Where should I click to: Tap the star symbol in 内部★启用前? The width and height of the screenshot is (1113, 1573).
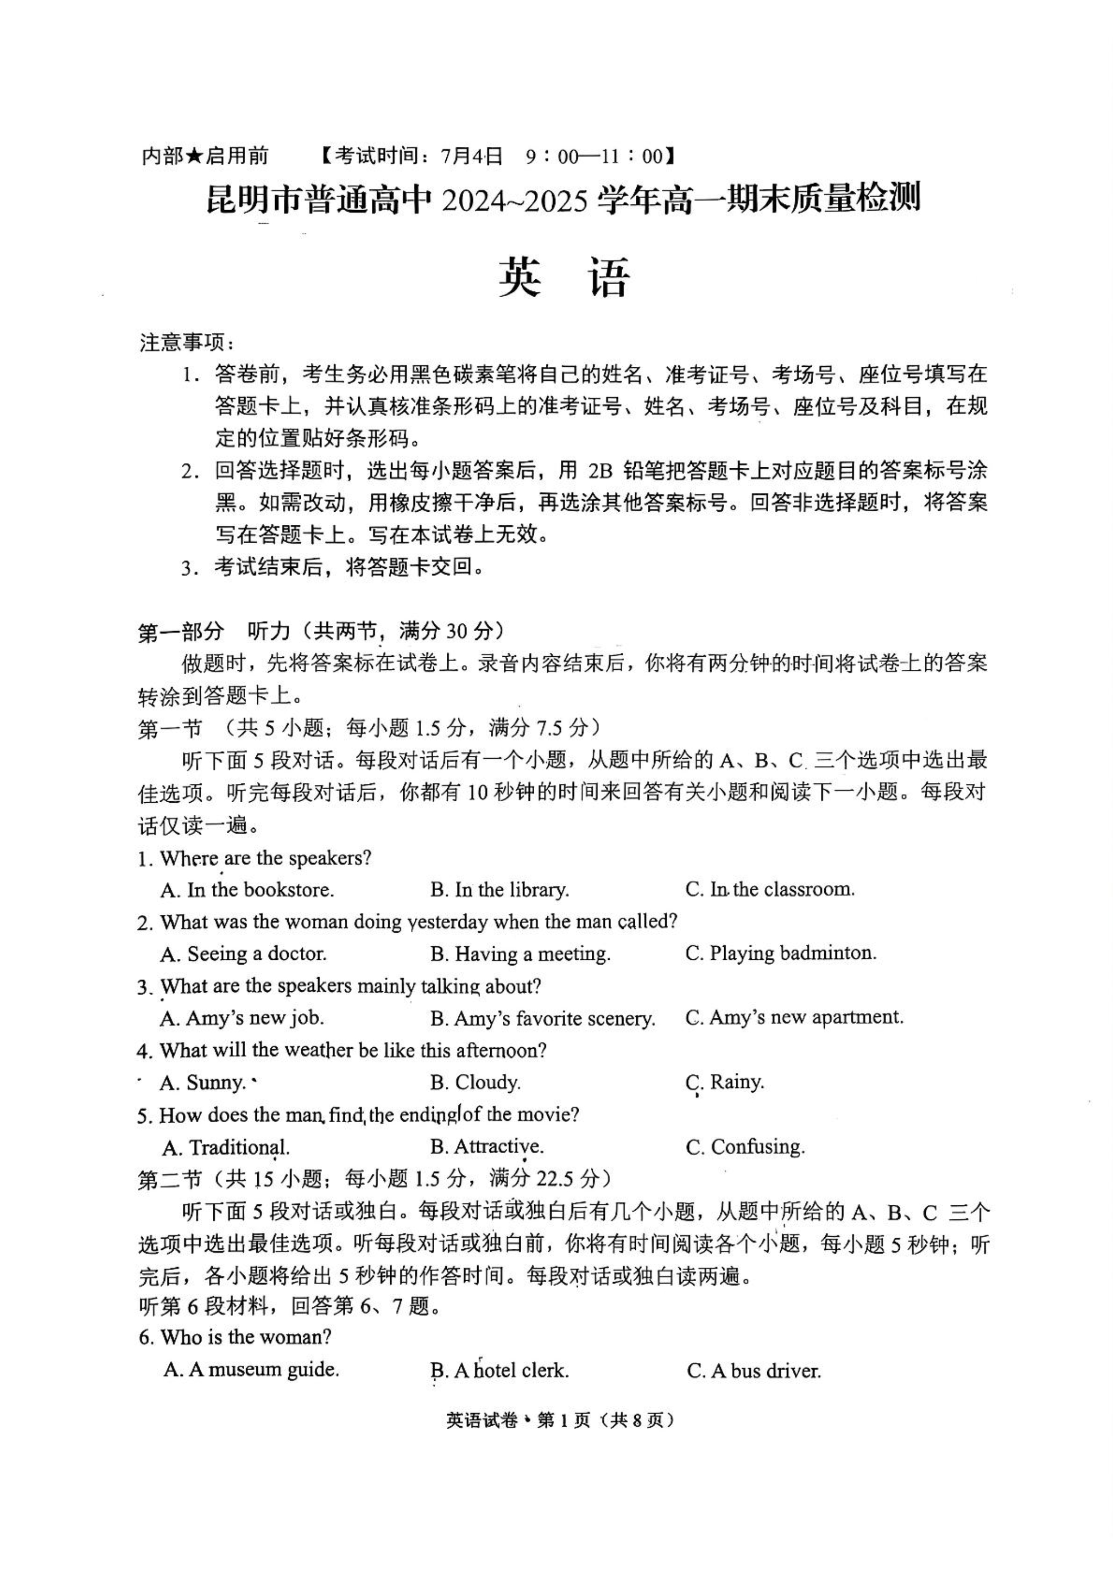tap(195, 156)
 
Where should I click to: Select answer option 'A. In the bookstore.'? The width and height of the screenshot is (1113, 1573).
tap(247, 889)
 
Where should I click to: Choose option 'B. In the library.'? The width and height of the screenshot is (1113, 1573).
tap(500, 889)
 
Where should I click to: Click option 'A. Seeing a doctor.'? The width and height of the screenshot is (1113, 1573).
tap(243, 953)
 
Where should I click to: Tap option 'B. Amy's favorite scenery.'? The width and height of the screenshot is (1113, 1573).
tap(542, 1018)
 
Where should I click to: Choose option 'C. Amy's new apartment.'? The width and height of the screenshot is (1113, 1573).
tap(794, 1017)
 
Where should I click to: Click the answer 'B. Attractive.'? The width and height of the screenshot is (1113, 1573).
tap(487, 1146)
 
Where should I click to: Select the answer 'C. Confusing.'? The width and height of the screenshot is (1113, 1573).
tap(745, 1146)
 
